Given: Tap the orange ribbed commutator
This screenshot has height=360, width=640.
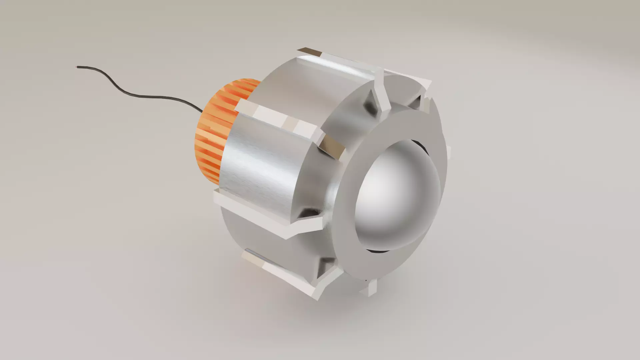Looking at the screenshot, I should pos(213,133).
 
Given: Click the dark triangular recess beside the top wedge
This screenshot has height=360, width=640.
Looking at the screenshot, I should pos(370,103).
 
